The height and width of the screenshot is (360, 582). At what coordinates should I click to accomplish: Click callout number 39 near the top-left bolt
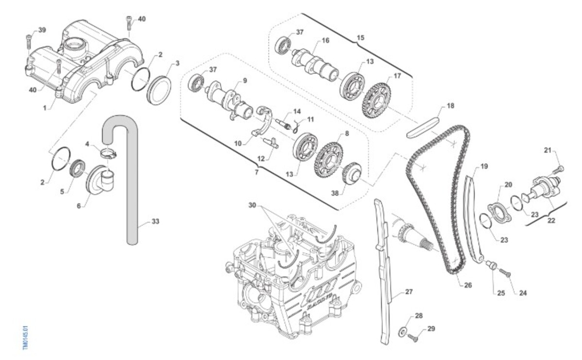point(42,30)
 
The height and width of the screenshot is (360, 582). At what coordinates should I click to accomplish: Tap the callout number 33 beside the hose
point(155,221)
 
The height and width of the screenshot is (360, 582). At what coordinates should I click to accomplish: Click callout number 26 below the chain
point(468,285)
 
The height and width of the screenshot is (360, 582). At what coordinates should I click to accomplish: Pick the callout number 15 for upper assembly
point(360,37)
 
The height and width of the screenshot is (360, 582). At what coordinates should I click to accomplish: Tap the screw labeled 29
point(413,337)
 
